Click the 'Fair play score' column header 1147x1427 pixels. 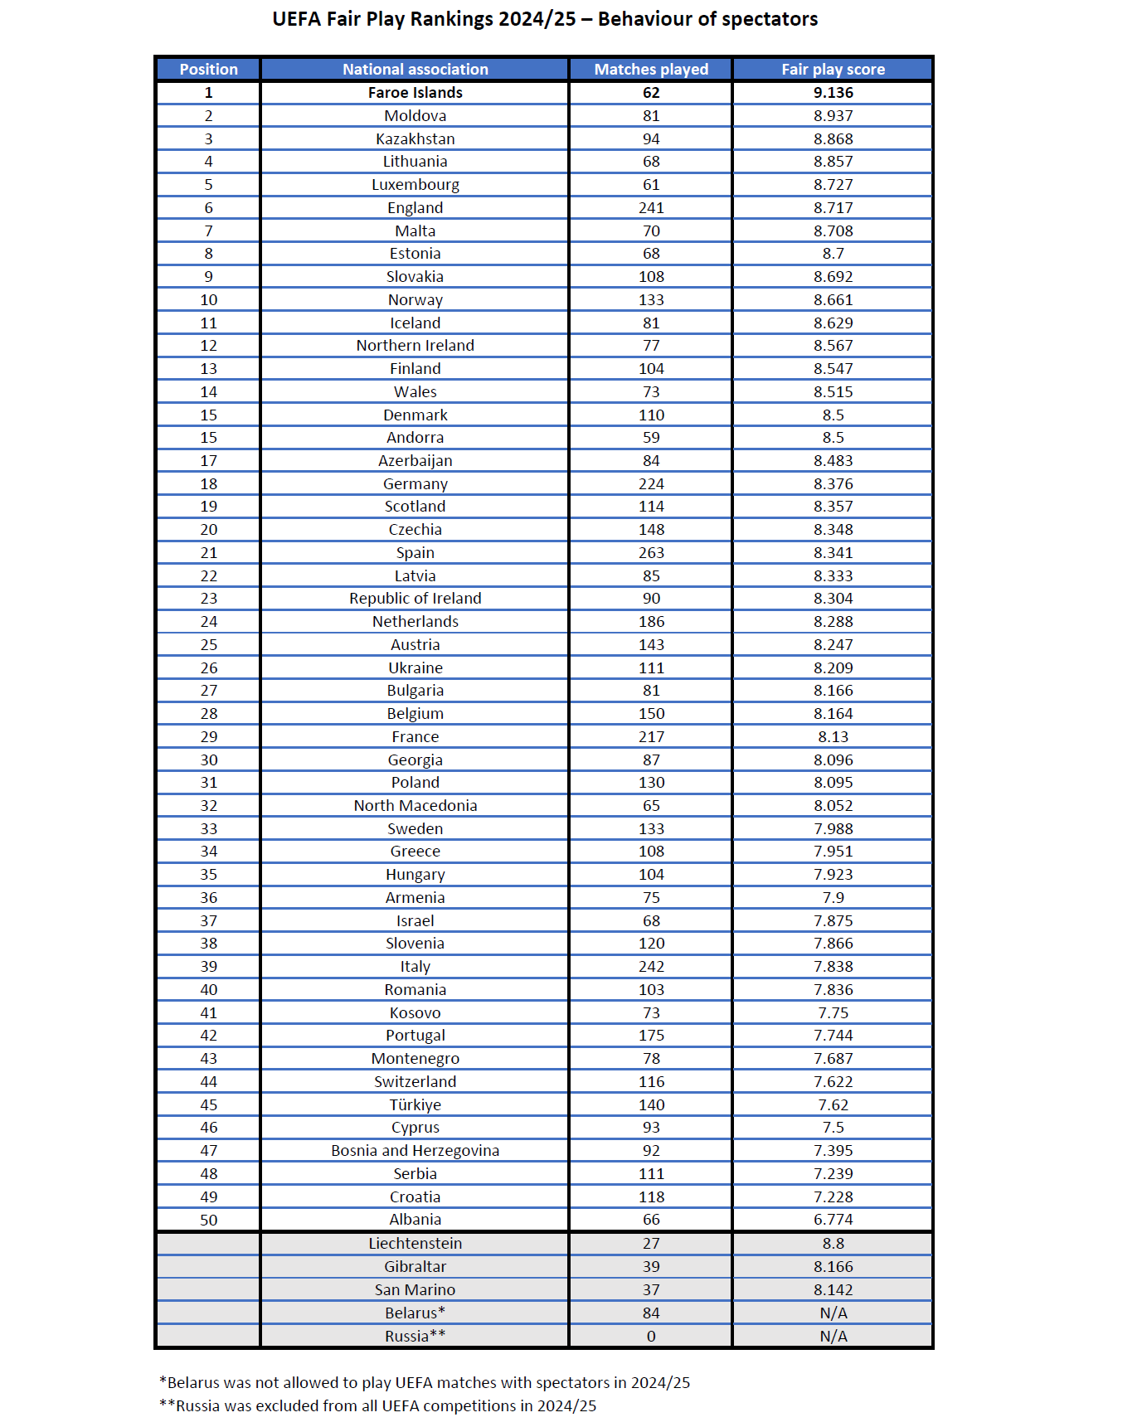point(833,70)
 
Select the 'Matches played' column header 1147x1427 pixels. point(651,70)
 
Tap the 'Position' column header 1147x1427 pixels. point(208,70)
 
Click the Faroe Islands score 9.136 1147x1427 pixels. point(833,93)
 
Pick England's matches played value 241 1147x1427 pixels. point(651,208)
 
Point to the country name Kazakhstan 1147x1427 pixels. point(415,139)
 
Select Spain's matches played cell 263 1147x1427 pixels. point(651,553)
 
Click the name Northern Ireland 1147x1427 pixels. point(415,346)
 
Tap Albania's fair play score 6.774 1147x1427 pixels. point(833,1220)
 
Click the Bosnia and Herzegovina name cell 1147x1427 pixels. point(415,1151)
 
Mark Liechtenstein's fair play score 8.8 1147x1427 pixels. point(833,1244)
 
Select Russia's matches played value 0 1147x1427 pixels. point(651,1337)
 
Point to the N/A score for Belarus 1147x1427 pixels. point(833,1313)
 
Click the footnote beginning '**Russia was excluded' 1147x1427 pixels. point(377,1406)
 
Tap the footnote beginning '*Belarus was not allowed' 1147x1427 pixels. point(424,1383)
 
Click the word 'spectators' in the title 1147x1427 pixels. point(767,19)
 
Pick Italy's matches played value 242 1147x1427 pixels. point(651,967)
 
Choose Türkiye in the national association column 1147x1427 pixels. point(415,1105)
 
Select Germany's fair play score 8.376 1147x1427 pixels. point(833,484)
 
